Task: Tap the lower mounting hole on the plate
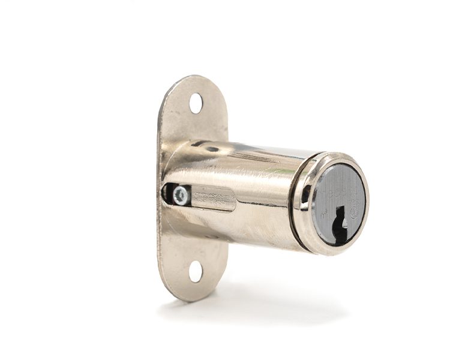tap(196, 271)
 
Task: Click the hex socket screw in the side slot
tap(180, 195)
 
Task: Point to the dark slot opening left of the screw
tap(167, 194)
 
